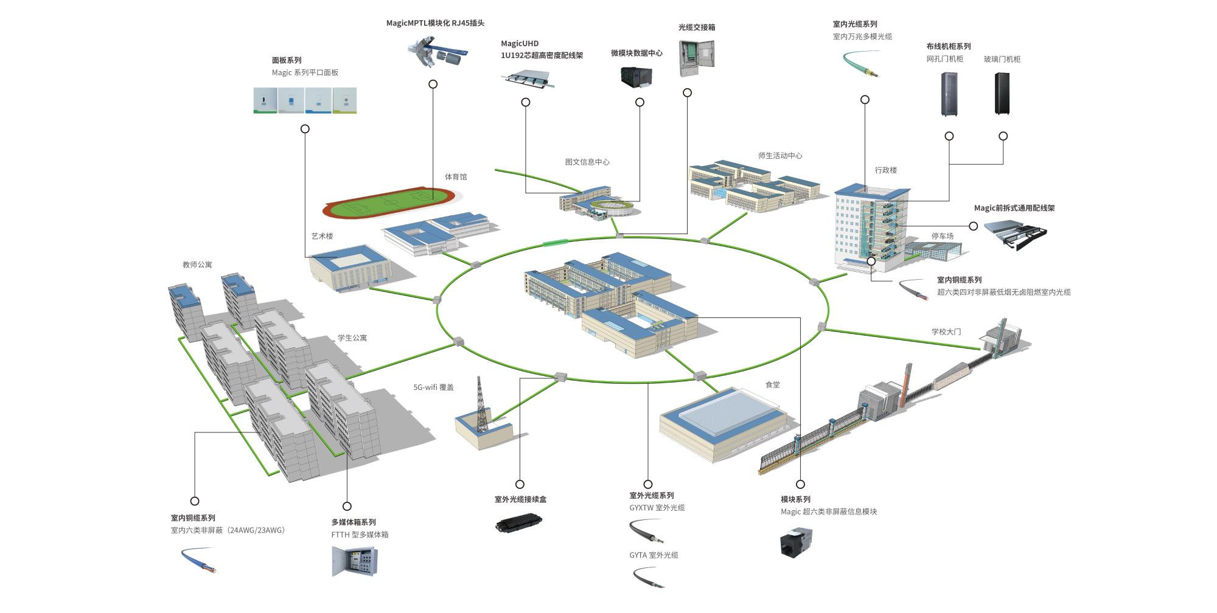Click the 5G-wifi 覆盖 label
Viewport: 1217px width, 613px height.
[433, 387]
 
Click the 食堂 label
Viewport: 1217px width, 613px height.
[772, 385]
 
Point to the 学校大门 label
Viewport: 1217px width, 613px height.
[946, 332]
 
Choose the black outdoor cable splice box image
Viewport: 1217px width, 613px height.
[518, 522]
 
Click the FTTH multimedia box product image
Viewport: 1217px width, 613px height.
[355, 561]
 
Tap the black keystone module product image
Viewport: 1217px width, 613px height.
[796, 542]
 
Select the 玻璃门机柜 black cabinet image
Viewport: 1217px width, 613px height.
[1002, 94]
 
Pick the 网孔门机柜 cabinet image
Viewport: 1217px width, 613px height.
[949, 94]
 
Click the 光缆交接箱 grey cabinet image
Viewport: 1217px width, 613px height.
[696, 58]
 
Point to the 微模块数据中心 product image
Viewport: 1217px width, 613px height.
[636, 77]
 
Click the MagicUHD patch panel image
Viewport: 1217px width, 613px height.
[528, 80]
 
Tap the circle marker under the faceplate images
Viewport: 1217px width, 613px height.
[305, 129]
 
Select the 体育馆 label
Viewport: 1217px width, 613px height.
[456, 177]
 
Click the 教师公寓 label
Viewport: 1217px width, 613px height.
[197, 265]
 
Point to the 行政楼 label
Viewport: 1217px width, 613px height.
[885, 170]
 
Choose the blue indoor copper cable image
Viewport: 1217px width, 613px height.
[199, 560]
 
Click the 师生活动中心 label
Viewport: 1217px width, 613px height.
[779, 156]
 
